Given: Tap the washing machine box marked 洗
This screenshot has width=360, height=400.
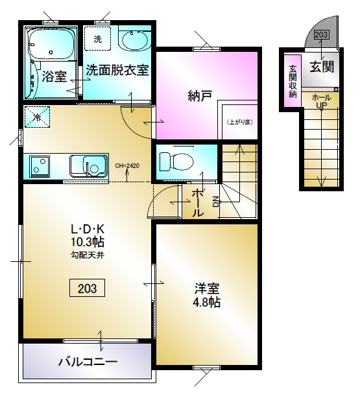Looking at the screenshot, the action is tap(97, 38).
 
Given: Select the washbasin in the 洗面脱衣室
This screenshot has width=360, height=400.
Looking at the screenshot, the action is tap(134, 39).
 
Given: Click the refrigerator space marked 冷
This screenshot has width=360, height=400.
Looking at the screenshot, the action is tap(37, 117).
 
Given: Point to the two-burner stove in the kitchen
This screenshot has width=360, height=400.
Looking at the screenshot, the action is tap(40, 166).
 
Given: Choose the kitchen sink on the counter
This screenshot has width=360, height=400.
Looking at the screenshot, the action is tap(88, 166).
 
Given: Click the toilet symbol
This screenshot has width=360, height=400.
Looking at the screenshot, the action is tap(176, 161).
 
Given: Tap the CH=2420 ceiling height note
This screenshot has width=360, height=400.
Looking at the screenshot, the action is tap(127, 166).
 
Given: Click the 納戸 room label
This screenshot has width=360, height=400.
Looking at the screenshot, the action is tap(200, 96).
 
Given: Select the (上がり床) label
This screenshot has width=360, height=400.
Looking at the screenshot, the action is tap(240, 122).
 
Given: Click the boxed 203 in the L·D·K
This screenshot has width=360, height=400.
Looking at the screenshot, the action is tap(87, 288).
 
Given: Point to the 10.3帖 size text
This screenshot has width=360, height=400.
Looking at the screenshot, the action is tap(88, 242).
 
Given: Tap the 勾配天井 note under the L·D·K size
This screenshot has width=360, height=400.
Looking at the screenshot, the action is tap(88, 255).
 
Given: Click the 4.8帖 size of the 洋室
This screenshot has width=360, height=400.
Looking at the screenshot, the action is tap(207, 302).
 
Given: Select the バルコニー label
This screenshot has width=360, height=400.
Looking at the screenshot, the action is tap(88, 362).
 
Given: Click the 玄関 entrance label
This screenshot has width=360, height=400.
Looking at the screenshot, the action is tap(322, 67).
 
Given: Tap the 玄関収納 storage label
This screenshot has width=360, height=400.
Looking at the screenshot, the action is tap(293, 82).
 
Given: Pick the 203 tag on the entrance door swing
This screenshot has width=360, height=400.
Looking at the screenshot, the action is tap(321, 34).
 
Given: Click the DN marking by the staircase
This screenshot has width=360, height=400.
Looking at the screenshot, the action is tap(216, 202).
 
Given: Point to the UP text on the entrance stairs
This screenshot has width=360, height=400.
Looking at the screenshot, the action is tap(322, 105).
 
